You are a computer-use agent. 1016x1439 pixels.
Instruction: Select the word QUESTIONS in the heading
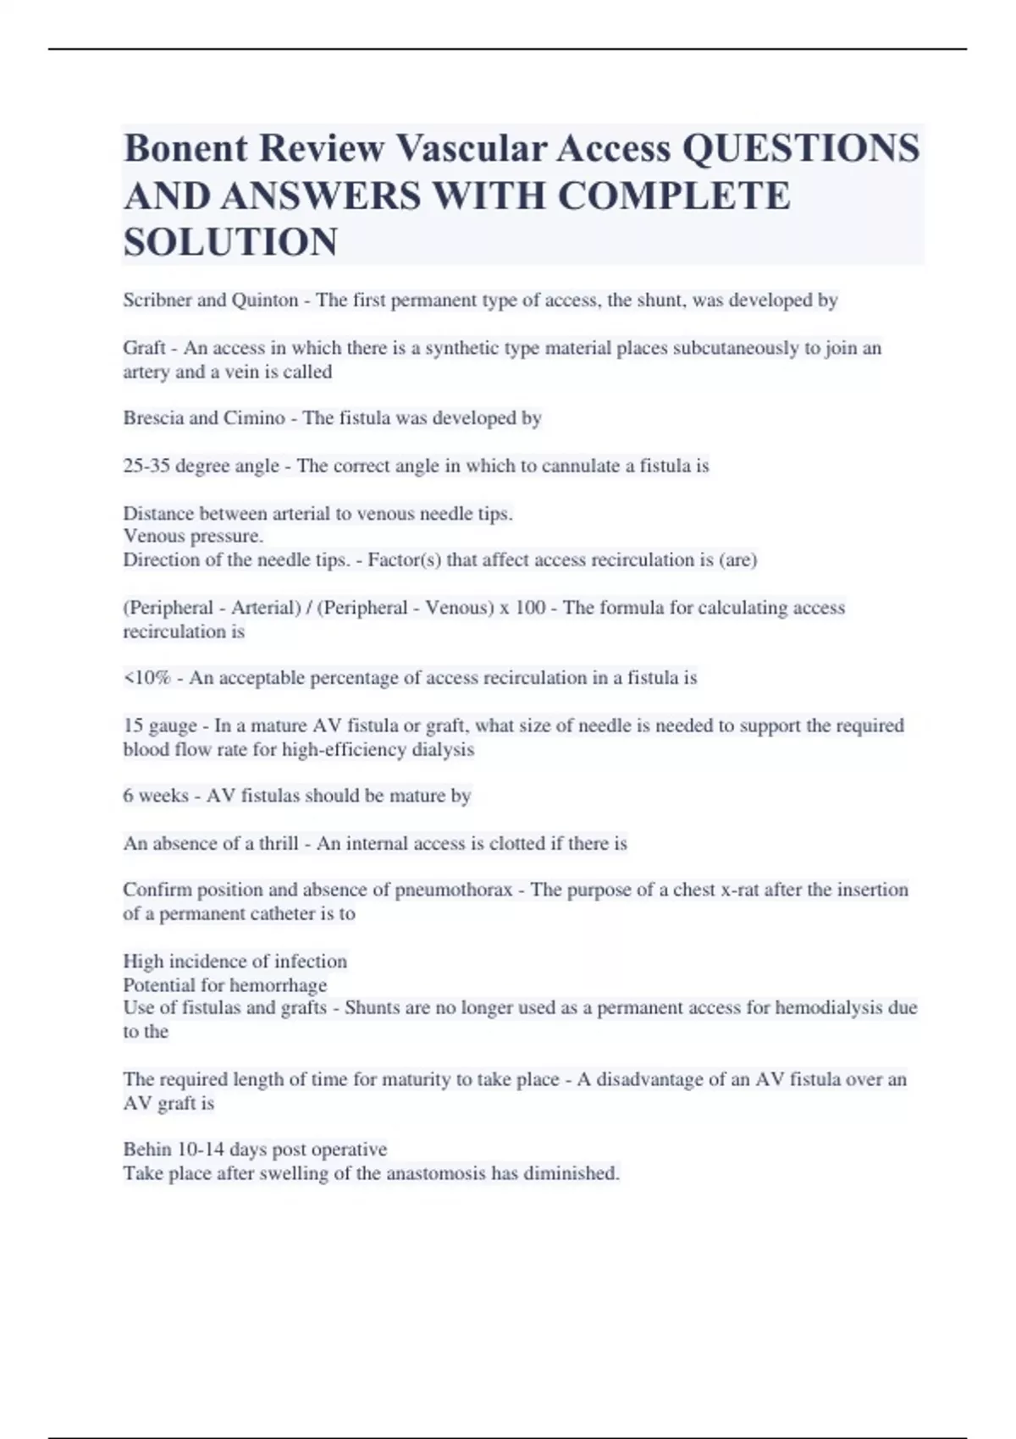pyautogui.click(x=800, y=148)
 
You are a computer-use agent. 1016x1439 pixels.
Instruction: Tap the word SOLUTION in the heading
pyautogui.click(x=230, y=242)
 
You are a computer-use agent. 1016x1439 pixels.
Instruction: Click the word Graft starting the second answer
pyautogui.click(x=144, y=348)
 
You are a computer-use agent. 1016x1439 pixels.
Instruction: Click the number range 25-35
pyautogui.click(x=146, y=466)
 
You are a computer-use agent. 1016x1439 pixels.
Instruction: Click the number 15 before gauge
pyautogui.click(x=132, y=725)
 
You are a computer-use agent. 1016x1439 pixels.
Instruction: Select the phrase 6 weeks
pyautogui.click(x=156, y=796)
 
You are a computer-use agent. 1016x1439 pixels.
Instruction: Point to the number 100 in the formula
pyautogui.click(x=529, y=608)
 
